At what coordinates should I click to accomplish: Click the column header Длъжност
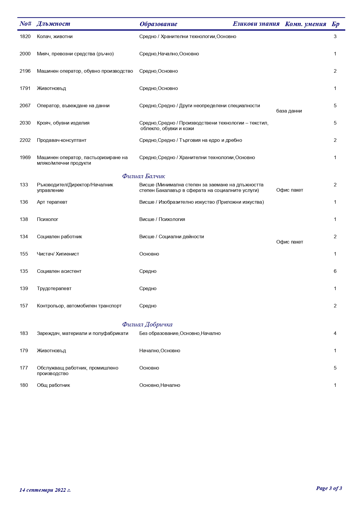pos(53,24)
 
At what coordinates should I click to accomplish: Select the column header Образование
pos(158,24)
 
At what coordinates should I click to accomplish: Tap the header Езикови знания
pos(256,24)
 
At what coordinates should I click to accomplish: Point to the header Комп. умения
pos(305,24)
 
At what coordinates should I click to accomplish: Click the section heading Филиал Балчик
pos(143,176)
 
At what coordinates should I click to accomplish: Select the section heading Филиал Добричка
pos(147,324)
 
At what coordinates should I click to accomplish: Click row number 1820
pos(25,37)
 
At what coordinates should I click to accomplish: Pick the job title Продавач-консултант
pos(62,140)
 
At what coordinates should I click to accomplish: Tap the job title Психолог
pos(48,219)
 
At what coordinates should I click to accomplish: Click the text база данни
pos(289,111)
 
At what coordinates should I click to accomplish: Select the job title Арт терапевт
pos(52,202)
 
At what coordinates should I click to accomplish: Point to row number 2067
pos(25,106)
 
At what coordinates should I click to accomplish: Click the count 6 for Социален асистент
pos(335,271)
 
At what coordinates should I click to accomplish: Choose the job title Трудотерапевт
pos(54,289)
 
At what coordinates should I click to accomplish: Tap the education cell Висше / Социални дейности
pos(171,237)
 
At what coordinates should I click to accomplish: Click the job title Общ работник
pos(53,385)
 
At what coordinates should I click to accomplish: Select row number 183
pos(24,333)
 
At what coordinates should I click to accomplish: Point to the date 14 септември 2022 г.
pos(45,490)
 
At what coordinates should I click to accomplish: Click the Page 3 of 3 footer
pos(329,488)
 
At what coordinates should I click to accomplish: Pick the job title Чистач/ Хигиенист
pos(58,254)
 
